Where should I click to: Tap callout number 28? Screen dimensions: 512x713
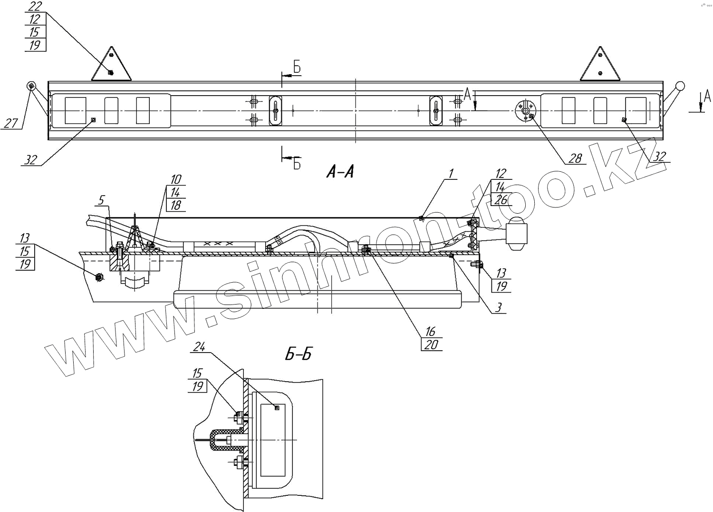575,158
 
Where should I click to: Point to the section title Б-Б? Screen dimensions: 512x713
299,354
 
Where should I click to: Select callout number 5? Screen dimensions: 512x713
101,200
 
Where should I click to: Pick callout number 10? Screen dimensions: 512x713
175,179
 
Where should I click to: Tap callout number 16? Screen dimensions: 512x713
431,331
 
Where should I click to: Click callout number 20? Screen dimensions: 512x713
431,344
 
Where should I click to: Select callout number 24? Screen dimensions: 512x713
199,348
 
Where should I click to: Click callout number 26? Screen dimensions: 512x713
501,200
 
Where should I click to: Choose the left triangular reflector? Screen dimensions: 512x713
111,67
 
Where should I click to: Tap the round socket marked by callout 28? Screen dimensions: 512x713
526,111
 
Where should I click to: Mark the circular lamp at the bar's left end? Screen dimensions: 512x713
31,86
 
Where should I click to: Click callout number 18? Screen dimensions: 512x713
175,205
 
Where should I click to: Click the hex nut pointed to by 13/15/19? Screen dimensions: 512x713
100,276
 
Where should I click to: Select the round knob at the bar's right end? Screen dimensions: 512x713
680,87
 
